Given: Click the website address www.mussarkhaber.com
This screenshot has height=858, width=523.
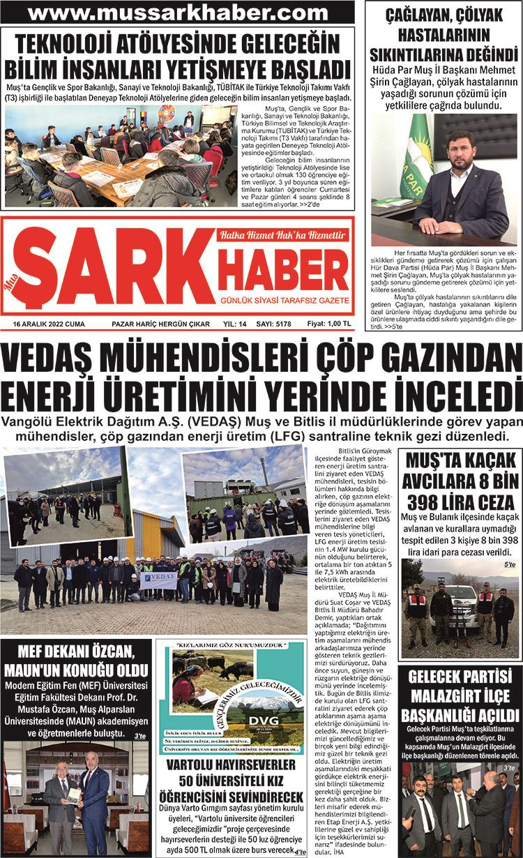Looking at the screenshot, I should click(179, 13).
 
